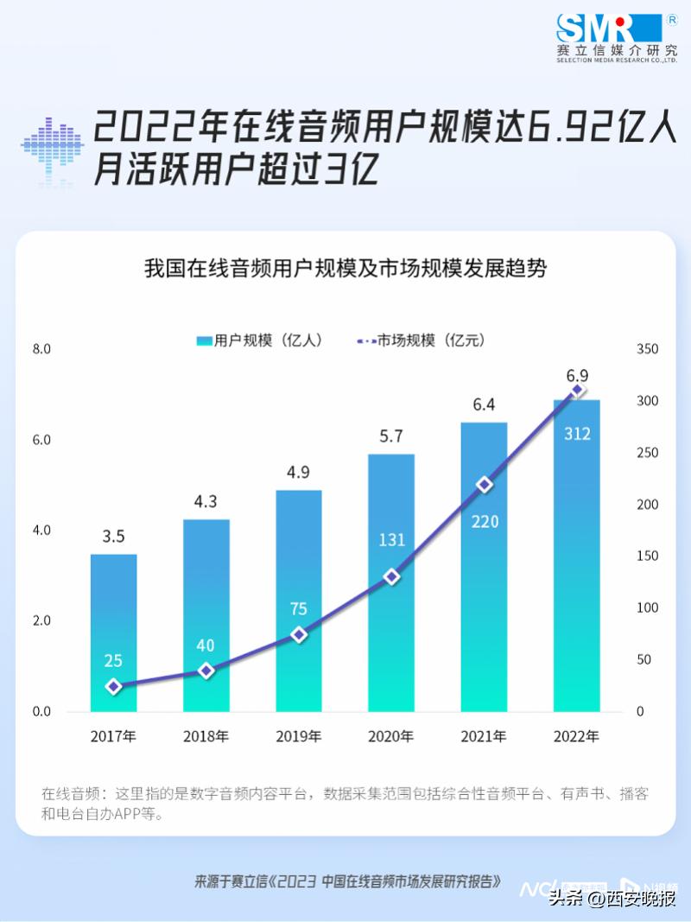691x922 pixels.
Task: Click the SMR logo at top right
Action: click(615, 36)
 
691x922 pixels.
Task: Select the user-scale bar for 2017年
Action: click(113, 632)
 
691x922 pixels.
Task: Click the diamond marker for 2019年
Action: click(299, 634)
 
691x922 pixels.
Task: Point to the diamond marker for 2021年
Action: click(485, 485)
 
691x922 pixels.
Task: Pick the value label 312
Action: click(577, 434)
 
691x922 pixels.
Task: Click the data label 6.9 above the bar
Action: click(577, 376)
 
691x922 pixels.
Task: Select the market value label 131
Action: click(391, 540)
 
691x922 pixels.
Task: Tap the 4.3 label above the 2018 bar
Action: click(206, 500)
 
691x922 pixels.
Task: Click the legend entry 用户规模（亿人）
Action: click(259, 340)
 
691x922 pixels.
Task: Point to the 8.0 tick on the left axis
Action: click(41, 349)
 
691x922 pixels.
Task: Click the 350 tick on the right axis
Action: click(647, 349)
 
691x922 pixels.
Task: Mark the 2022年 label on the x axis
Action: click(576, 737)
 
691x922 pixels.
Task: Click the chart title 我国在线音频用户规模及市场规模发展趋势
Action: click(345, 269)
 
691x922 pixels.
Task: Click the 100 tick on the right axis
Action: click(647, 608)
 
